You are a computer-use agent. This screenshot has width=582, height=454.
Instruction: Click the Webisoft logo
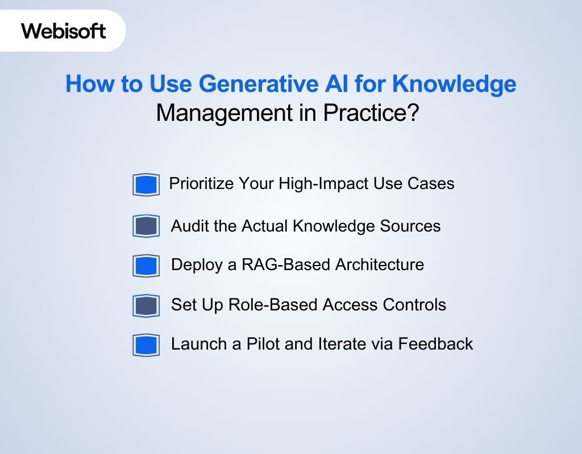(x=64, y=30)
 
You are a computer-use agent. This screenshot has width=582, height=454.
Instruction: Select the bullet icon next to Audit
(x=146, y=226)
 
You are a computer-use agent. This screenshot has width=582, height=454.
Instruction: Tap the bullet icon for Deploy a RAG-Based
(x=146, y=266)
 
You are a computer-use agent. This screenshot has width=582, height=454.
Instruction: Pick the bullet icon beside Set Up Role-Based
(x=146, y=306)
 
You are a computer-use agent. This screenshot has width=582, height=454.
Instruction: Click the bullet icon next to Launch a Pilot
(x=146, y=345)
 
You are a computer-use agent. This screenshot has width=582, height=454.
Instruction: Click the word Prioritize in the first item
(x=201, y=184)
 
